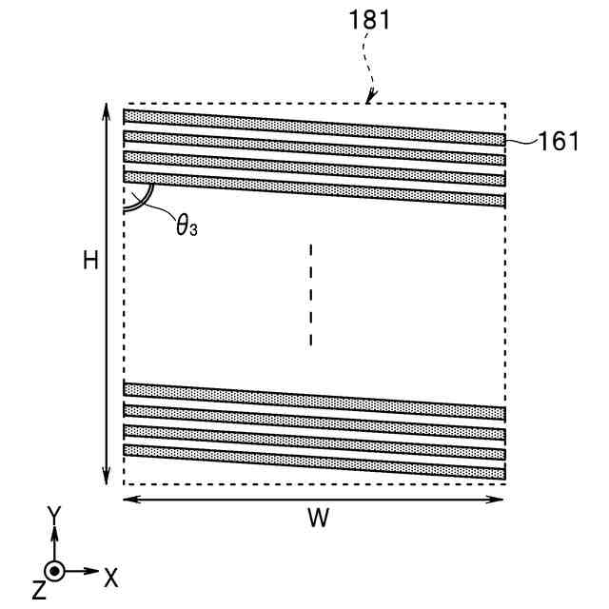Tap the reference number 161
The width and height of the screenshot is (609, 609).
click(558, 141)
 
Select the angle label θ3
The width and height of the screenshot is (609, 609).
click(187, 226)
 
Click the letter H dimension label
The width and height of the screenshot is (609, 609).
click(90, 260)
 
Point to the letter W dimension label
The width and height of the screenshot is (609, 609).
click(318, 519)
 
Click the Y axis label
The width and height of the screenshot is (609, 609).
click(54, 515)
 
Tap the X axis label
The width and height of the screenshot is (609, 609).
click(111, 576)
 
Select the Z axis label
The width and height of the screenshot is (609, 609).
click(38, 591)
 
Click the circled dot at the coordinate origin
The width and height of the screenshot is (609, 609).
click(54, 572)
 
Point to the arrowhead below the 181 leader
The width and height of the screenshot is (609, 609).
click(373, 96)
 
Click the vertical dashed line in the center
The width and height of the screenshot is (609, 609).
click(310, 295)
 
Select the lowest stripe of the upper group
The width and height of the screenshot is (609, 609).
click(314, 188)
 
